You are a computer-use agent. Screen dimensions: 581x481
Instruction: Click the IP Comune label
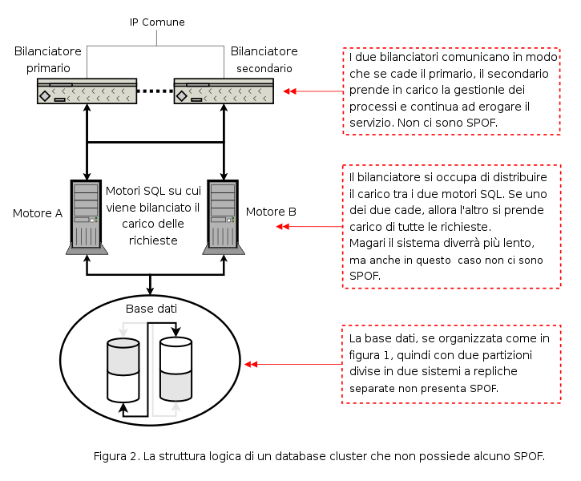[157, 22]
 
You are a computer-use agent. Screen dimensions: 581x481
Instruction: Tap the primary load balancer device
[87, 91]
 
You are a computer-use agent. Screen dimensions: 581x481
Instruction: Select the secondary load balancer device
[224, 91]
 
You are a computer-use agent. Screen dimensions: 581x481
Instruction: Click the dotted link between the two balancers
[155, 91]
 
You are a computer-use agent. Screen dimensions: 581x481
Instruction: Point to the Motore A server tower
[87, 217]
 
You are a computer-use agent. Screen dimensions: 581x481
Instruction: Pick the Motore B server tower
[224, 217]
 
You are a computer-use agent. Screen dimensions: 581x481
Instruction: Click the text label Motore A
[38, 213]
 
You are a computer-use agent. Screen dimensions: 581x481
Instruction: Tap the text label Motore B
[271, 212]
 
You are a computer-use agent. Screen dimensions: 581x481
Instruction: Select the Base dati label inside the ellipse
[151, 309]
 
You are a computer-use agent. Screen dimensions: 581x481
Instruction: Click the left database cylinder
[123, 370]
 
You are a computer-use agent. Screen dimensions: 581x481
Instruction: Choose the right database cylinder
[176, 369]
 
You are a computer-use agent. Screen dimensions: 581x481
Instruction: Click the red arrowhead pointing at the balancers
[290, 91]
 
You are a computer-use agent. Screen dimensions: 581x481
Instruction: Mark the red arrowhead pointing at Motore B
[283, 226]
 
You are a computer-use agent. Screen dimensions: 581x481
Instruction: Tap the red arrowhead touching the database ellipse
[251, 364]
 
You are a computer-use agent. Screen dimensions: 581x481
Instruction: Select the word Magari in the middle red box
[367, 244]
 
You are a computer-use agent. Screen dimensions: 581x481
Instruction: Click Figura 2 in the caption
[117, 456]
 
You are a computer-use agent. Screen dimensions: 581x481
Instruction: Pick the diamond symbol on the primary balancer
[45, 96]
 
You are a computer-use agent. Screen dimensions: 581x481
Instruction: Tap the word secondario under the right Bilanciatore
[264, 69]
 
